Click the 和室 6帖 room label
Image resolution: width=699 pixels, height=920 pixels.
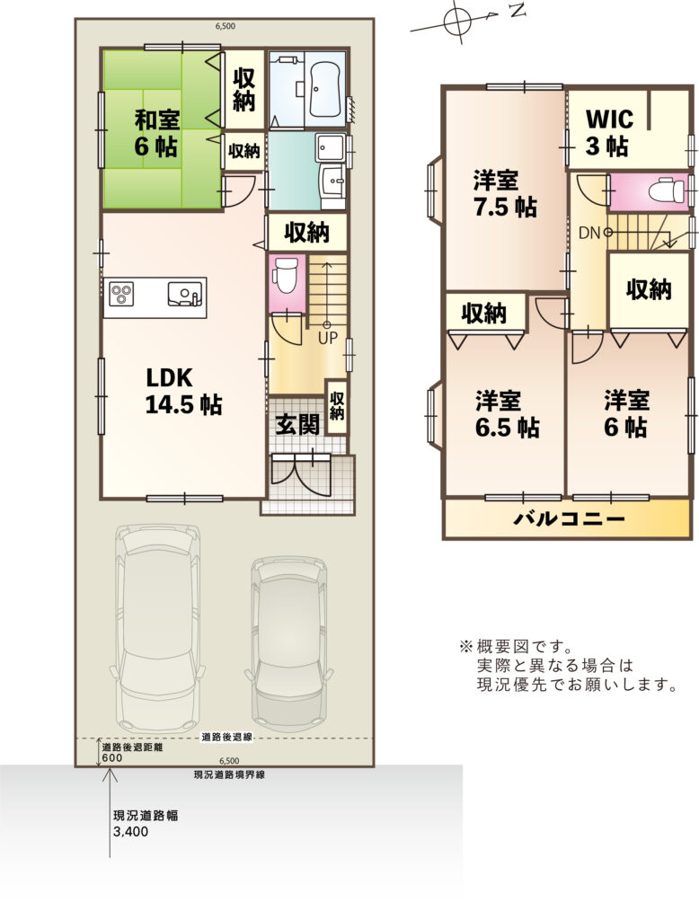156,133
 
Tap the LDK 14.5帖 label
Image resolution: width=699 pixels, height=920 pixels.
182,391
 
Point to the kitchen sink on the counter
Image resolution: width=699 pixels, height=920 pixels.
184,294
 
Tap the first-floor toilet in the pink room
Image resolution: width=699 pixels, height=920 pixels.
286,277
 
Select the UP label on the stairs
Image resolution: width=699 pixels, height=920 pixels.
328,338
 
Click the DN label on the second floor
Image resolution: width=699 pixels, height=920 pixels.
589,233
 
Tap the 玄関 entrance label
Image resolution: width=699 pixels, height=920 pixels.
298,424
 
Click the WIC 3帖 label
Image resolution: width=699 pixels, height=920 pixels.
609,132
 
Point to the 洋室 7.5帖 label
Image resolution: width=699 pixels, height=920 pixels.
505,193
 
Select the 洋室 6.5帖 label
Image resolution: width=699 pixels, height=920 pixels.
507,414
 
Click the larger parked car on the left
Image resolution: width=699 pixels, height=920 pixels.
158,626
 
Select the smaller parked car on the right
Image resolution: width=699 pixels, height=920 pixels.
289,641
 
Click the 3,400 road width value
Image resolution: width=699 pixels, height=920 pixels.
131,831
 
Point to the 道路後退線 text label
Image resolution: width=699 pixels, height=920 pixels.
227,737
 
